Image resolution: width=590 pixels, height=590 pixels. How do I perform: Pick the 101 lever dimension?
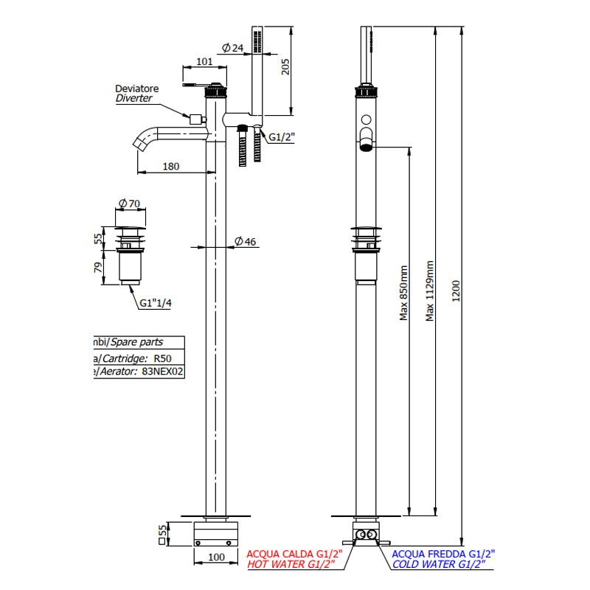(x=205, y=62)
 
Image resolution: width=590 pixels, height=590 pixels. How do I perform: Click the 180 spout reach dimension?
(x=170, y=166)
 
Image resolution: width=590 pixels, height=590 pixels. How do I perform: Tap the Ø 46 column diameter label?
(x=245, y=241)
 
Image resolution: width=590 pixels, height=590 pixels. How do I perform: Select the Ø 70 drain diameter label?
(x=131, y=203)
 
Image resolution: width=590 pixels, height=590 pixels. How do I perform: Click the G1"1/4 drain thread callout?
(x=156, y=302)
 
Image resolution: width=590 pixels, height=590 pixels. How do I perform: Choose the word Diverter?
(x=133, y=98)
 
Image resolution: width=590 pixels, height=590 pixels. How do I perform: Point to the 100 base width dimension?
(x=216, y=558)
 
